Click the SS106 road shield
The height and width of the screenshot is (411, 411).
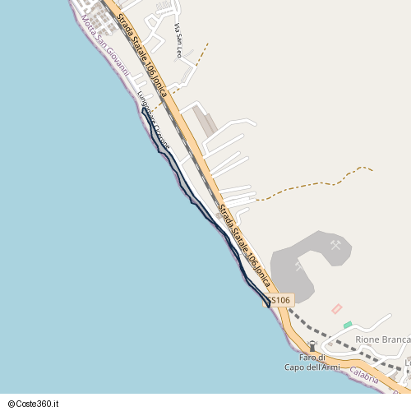279,301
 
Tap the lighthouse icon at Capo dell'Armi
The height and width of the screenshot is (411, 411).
312,346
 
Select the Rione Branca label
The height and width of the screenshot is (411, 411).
381,339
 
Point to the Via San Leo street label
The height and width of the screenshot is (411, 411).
178,39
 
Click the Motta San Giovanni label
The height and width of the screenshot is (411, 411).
106,48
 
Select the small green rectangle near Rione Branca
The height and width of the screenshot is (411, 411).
348,325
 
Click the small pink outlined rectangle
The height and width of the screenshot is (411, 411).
335,308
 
